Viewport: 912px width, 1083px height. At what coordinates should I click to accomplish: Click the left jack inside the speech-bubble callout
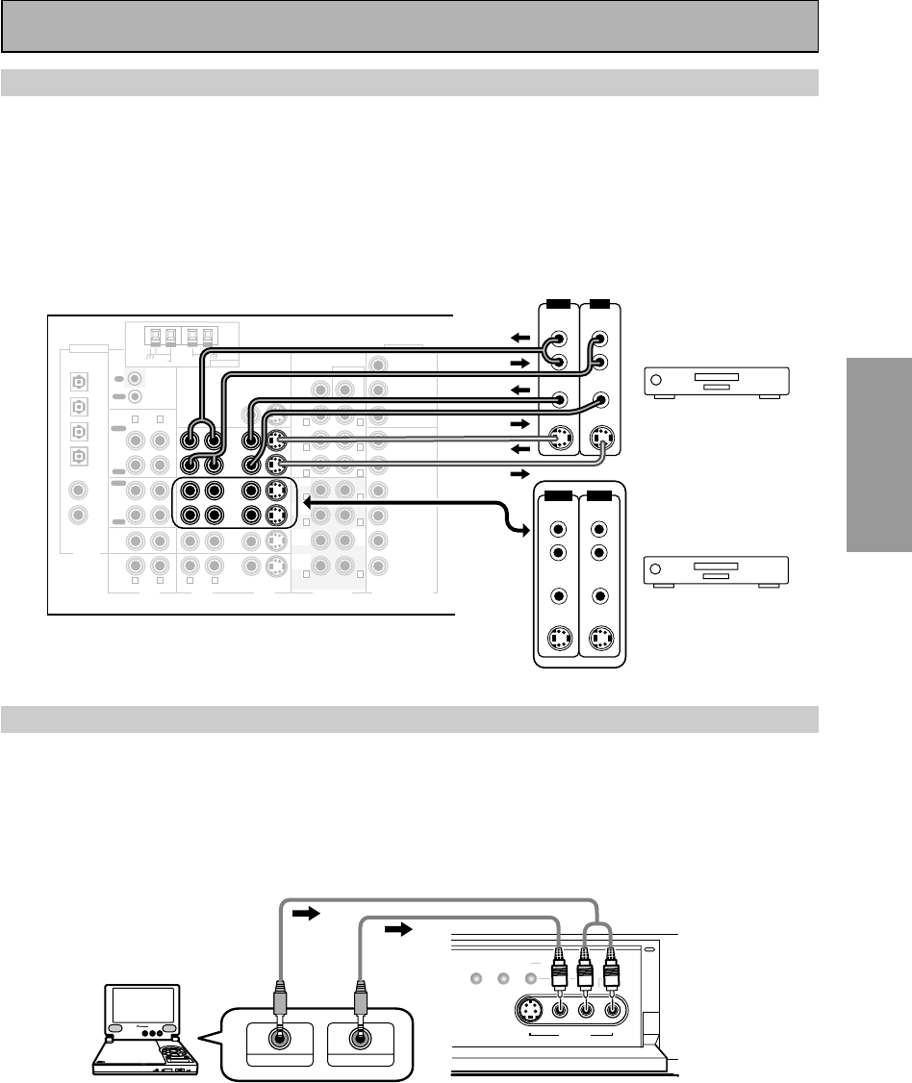click(x=282, y=1039)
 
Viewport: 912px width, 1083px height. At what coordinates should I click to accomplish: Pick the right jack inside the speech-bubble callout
click(x=361, y=1039)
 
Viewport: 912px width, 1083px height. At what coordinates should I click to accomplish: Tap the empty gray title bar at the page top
click(x=410, y=26)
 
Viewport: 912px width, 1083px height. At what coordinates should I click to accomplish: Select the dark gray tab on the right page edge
click(x=879, y=452)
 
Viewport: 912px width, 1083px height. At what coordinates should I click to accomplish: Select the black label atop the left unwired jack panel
click(x=555, y=496)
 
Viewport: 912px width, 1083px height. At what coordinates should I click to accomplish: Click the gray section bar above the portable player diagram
click(x=410, y=718)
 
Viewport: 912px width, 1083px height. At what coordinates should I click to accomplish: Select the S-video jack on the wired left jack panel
click(x=555, y=440)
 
